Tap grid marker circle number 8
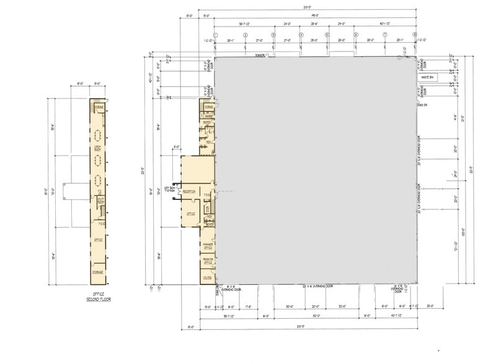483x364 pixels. (x=415, y=35)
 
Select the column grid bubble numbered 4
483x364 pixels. (x=301, y=35)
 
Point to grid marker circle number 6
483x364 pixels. (x=356, y=35)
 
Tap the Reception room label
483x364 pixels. (x=190, y=192)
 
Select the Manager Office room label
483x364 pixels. (x=207, y=246)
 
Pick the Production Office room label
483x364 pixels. (x=207, y=262)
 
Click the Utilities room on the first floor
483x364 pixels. (x=207, y=279)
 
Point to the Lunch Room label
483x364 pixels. (x=97, y=148)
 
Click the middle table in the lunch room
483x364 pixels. (x=97, y=160)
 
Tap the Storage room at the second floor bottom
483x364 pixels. (x=97, y=272)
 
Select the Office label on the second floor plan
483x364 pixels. (x=97, y=240)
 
